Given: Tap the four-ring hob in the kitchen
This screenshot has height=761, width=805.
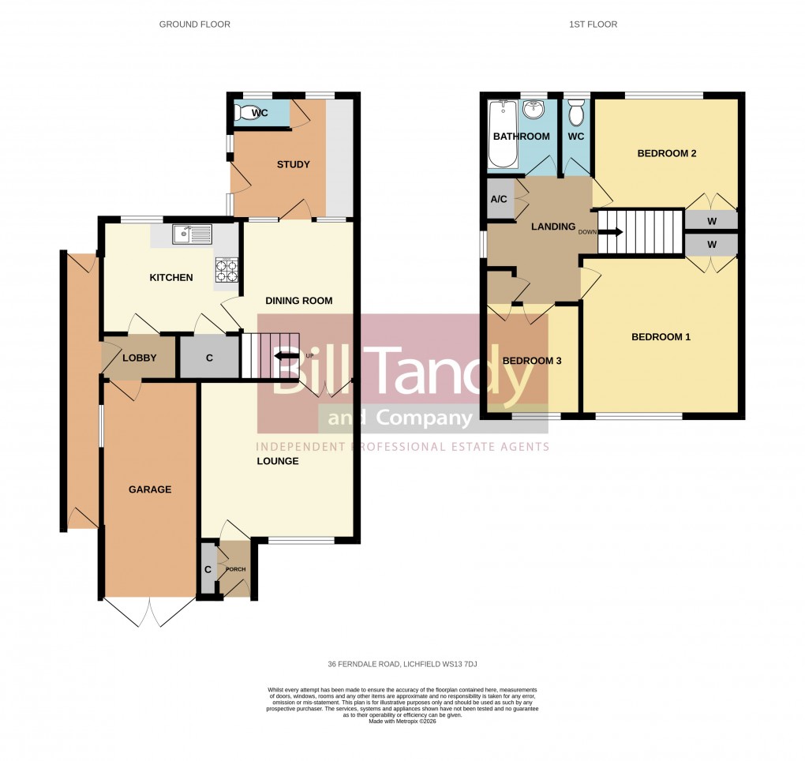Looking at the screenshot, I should [x=227, y=271].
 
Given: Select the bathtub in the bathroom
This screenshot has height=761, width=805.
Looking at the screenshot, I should [x=501, y=135].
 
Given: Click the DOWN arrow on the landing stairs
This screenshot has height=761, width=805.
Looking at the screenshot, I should [x=611, y=232].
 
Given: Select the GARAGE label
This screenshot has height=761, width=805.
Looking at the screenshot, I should [x=150, y=489].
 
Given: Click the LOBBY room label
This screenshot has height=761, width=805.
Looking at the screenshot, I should [x=139, y=358].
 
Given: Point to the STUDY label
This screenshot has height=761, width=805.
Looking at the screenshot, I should [x=293, y=165].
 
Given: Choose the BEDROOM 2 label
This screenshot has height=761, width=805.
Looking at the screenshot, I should [x=666, y=154].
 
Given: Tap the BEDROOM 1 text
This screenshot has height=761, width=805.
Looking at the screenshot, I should [x=661, y=337].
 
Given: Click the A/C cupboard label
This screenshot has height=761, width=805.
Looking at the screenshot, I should [x=498, y=200].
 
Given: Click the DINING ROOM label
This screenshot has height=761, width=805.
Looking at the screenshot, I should [x=298, y=301].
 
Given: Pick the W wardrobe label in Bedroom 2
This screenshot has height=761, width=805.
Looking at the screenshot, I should [x=711, y=219].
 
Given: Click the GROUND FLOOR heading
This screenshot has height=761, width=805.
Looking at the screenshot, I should [x=195, y=24].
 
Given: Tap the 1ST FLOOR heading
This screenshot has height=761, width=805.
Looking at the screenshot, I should [x=593, y=24].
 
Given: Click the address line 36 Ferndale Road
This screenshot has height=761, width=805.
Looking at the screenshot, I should [x=402, y=663].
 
